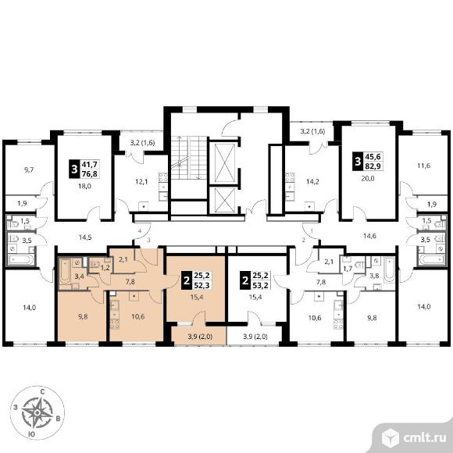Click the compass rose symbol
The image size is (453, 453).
click(37, 412)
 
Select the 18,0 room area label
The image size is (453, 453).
click(84, 187)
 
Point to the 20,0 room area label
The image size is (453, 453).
click(368, 179)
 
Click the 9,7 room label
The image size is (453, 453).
click(29, 170)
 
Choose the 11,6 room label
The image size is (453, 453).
click(424, 166)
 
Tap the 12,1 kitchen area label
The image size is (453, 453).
click(141, 182)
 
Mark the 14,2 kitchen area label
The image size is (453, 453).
click(312, 182)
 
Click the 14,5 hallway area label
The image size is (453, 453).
click(85, 237)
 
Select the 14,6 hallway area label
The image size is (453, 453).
click(369, 236)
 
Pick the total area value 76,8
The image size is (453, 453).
click(90, 173)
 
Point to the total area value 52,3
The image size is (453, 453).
click(202, 285)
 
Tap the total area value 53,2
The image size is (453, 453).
click(260, 285)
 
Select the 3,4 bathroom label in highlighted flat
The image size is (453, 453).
click(79, 276)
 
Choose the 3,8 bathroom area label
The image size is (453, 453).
click(374, 276)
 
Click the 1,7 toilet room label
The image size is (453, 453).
click(348, 269)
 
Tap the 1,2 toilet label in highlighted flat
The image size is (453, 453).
click(105, 268)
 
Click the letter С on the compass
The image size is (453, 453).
click(42, 392)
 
